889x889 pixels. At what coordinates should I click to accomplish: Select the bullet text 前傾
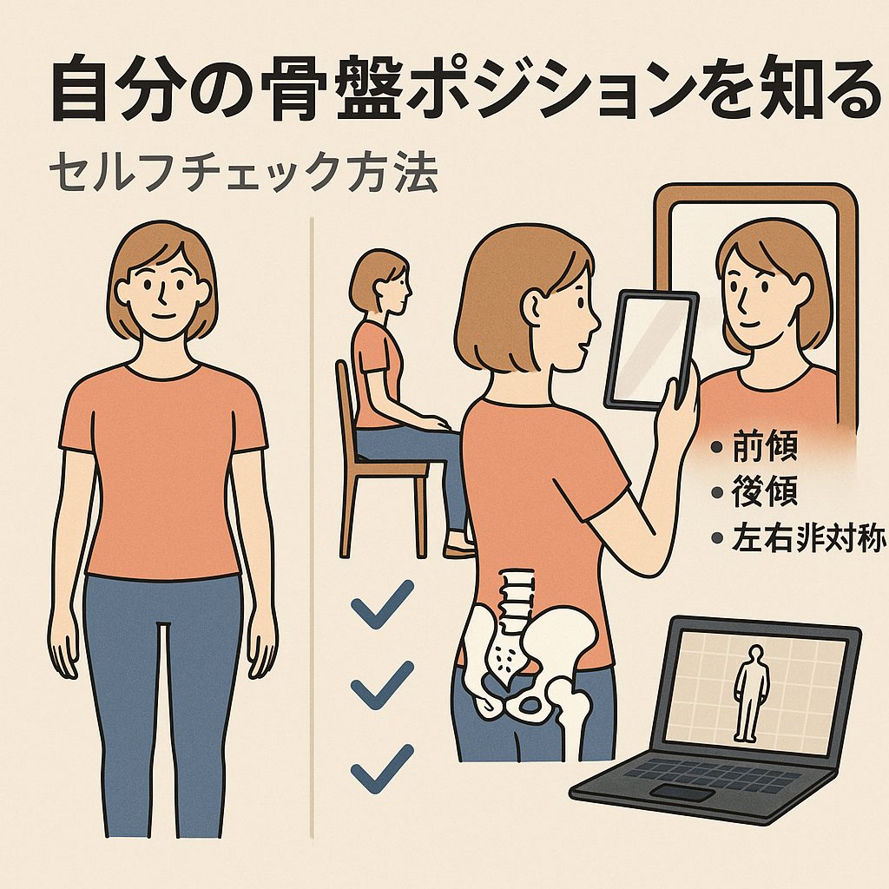764,446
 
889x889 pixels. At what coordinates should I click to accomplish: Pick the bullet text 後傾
764,491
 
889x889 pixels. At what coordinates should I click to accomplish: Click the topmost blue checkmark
382,604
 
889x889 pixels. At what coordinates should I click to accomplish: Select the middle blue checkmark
382,685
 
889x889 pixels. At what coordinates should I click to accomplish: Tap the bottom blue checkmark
382,768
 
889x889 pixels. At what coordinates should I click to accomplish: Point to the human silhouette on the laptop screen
751,693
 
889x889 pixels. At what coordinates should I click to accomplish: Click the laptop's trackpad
681,792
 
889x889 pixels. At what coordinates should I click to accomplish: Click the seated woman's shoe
459,549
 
